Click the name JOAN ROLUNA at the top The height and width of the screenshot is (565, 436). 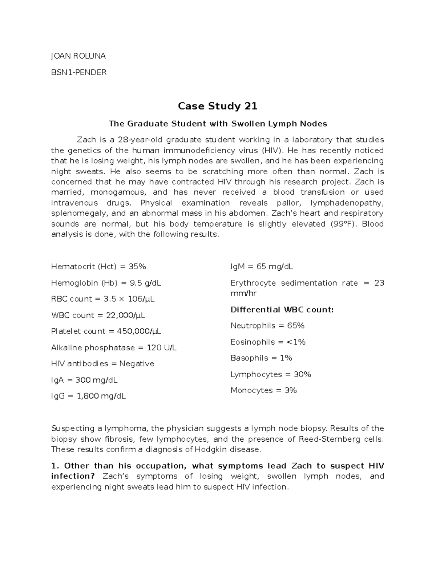coord(78,56)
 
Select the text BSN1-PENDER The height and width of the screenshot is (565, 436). coord(79,72)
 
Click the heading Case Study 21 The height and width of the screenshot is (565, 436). coord(217,106)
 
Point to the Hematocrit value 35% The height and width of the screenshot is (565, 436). coord(137,267)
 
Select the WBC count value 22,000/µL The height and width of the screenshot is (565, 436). coord(126,315)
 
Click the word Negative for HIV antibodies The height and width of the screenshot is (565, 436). coord(137,364)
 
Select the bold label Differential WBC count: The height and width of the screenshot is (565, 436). coord(282,310)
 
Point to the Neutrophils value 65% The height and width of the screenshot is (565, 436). coord(296,326)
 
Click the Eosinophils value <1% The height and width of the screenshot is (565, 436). coord(296,342)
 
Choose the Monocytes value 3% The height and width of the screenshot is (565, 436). coord(291,390)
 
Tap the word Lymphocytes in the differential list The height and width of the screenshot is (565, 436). coord(256,374)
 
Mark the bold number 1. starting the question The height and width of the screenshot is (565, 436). coord(55,466)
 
